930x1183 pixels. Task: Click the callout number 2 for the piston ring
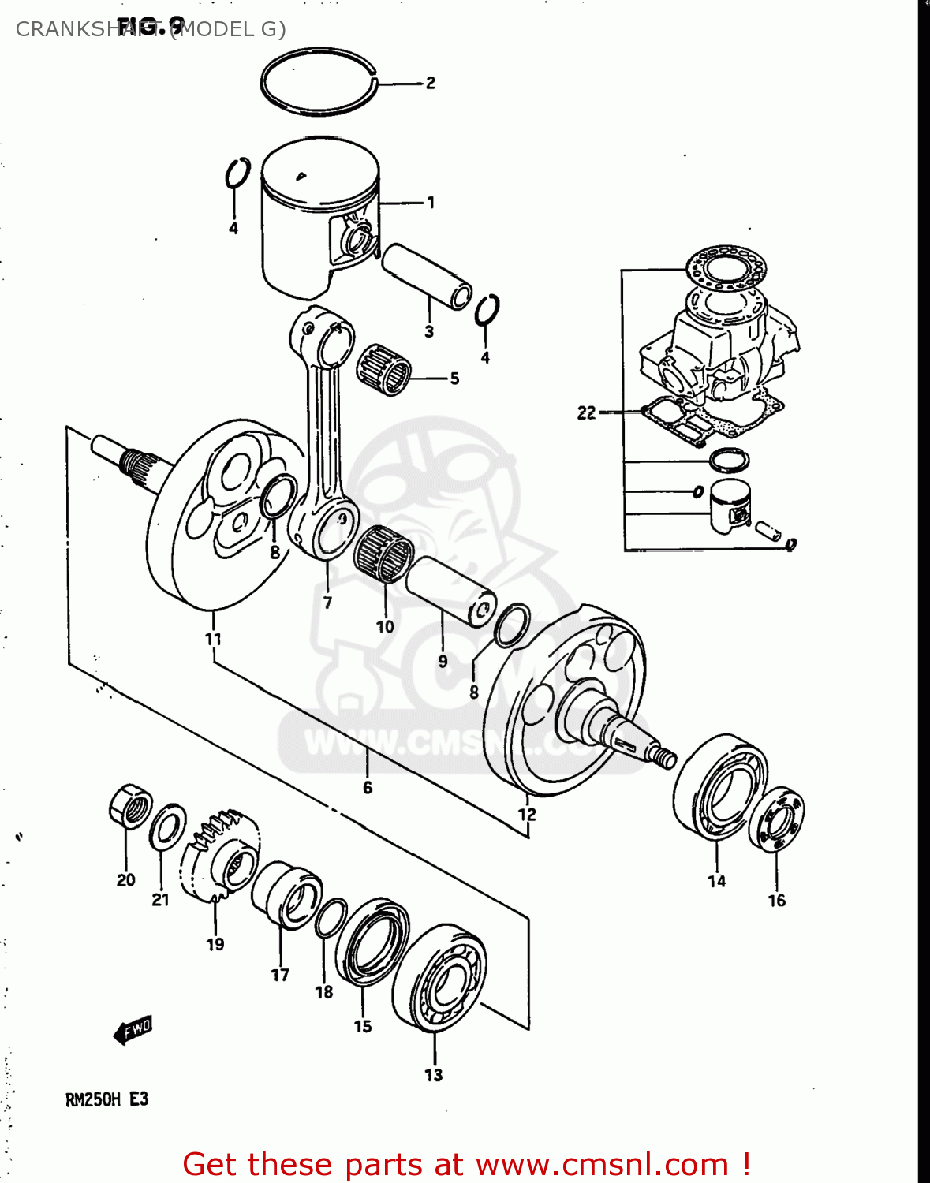click(x=430, y=83)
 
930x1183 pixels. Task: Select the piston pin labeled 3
click(x=427, y=278)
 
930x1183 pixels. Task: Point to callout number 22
click(x=586, y=412)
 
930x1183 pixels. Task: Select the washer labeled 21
click(x=167, y=827)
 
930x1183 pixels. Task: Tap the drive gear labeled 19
click(x=219, y=856)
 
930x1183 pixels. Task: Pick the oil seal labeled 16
click(x=776, y=820)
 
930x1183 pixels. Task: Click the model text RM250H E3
click(x=106, y=1099)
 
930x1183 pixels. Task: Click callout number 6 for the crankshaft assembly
click(x=368, y=787)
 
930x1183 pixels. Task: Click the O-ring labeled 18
click(x=331, y=917)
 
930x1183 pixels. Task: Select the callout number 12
click(x=527, y=814)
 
